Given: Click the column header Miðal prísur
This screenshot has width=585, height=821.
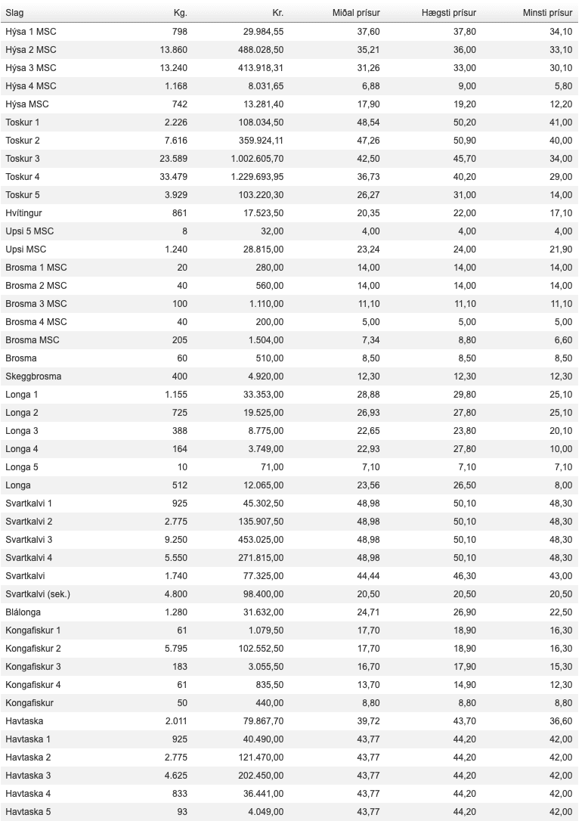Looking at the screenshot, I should tap(356, 13).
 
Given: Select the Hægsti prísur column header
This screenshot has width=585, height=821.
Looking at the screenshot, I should tap(449, 13).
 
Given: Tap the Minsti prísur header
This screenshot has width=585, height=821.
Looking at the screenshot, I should tap(548, 13).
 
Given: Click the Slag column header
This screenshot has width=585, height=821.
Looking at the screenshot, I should tap(14, 13).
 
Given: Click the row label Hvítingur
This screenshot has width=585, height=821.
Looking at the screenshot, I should tap(23, 213).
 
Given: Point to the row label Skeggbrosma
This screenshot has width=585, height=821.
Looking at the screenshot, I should tap(33, 376).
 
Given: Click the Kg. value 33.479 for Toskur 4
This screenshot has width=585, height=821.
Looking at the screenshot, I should tap(172, 177).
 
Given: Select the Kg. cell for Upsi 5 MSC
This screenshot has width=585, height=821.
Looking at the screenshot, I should tap(184, 231).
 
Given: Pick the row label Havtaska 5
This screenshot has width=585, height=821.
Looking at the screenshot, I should tap(28, 812).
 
